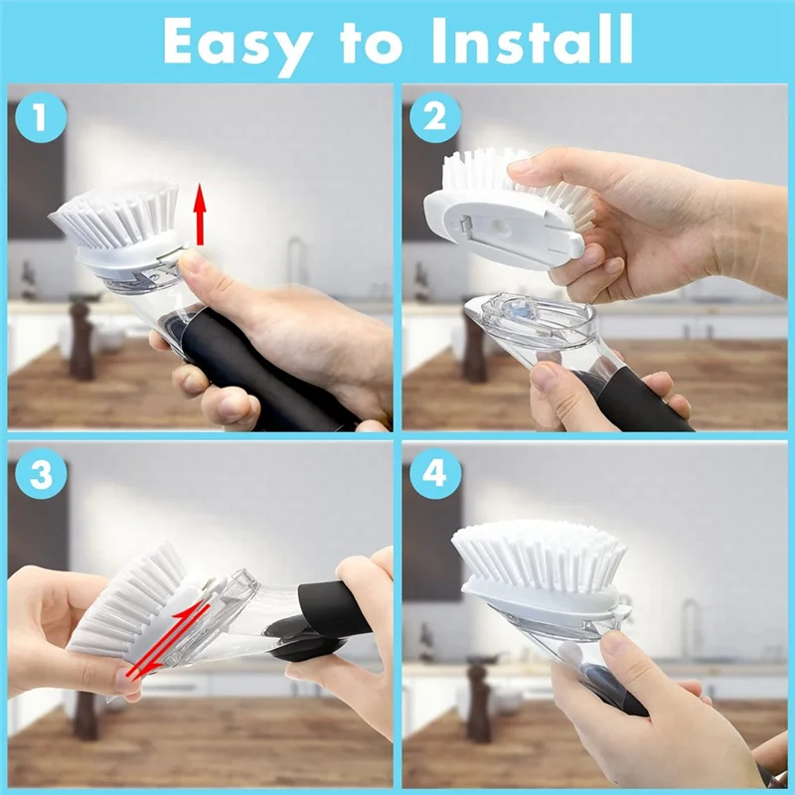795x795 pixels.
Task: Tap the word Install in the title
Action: coord(531,42)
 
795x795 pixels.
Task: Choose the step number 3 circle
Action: coord(40,474)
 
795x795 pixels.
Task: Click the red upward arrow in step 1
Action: coord(200,214)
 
